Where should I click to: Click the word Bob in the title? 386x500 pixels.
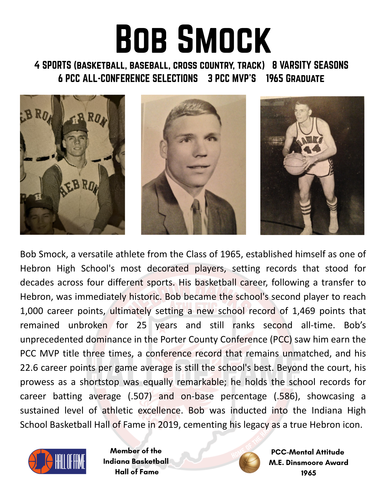pyautogui.click(x=141, y=39)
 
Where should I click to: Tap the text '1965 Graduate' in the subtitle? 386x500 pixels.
pyautogui.click(x=295, y=78)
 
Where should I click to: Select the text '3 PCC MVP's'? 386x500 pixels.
pyautogui.click(x=232, y=78)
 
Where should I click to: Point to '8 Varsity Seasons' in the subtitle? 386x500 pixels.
pyautogui.click(x=310, y=65)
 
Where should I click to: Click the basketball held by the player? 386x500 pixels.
pyautogui.click(x=295, y=164)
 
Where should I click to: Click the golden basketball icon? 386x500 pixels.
pyautogui.click(x=249, y=462)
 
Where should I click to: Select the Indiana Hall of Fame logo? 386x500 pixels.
pyautogui.click(x=57, y=461)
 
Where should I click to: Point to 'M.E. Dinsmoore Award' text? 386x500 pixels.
pyautogui.click(x=308, y=462)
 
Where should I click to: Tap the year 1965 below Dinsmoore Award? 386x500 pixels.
pyautogui.click(x=308, y=473)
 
